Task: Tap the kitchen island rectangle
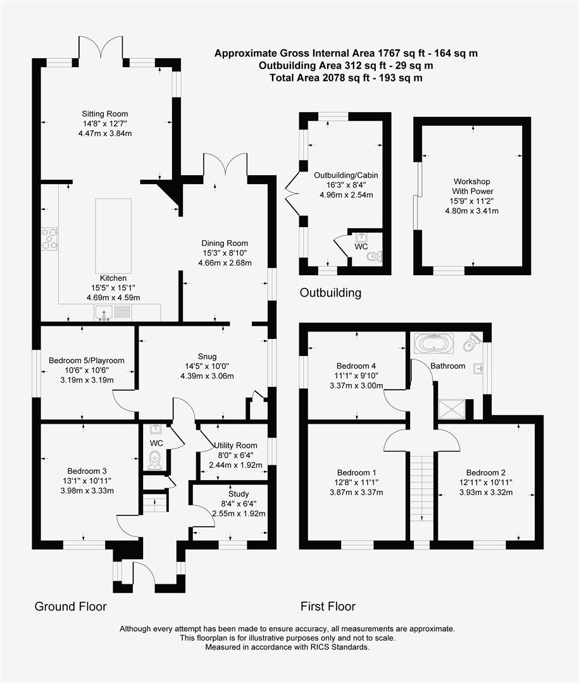(113, 235)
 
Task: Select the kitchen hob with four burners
(49, 239)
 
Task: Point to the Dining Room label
(225, 243)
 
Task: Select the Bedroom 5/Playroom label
(87, 360)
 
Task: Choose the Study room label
(239, 494)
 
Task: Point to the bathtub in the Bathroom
(433, 344)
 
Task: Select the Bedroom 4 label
(356, 366)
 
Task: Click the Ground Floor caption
(70, 606)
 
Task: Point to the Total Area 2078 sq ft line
(346, 78)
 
